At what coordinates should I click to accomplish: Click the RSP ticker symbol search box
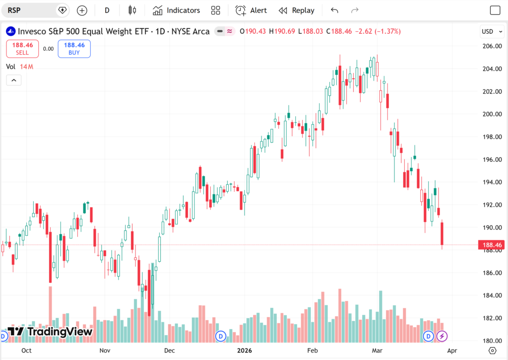(30, 10)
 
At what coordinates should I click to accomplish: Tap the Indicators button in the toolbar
(177, 10)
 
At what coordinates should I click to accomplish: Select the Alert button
(251, 10)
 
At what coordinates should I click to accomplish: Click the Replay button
(297, 10)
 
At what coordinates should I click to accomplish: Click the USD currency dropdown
(490, 31)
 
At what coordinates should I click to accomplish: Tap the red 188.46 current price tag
(491, 245)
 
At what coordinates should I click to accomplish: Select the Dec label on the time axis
(170, 351)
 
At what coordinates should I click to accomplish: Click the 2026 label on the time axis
(244, 351)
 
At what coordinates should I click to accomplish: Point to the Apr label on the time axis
(452, 351)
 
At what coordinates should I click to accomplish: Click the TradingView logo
(50, 332)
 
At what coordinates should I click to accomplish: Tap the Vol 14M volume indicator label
(19, 67)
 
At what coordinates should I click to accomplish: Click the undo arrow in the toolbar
(334, 10)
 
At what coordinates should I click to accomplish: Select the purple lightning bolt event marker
(442, 337)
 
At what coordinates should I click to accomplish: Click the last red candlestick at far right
(442, 233)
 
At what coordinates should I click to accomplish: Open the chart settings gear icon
(493, 351)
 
